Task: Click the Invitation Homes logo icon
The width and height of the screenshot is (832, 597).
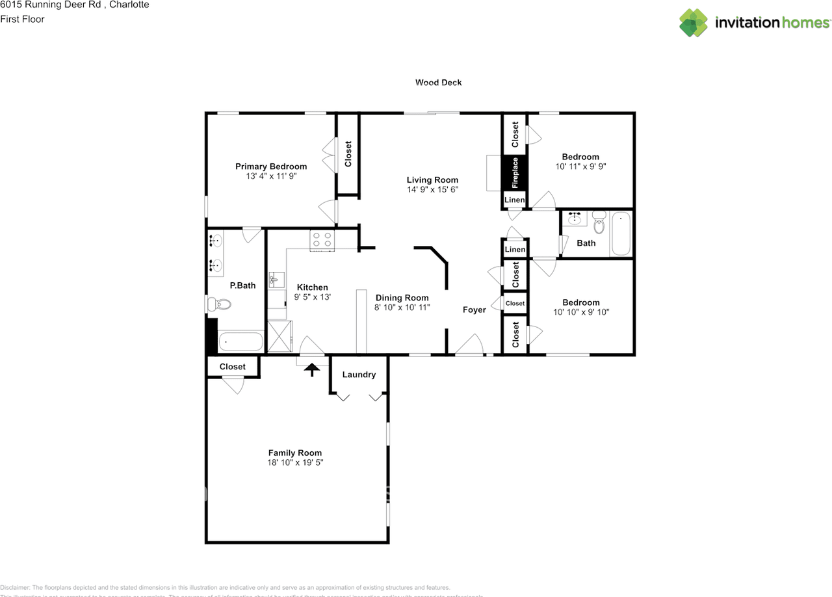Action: tap(694, 23)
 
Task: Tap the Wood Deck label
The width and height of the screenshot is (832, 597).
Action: tap(439, 83)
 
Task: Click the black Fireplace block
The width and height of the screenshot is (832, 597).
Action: tap(514, 172)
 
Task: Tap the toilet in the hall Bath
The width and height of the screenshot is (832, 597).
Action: tap(599, 223)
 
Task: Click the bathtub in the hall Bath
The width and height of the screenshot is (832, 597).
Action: tap(621, 234)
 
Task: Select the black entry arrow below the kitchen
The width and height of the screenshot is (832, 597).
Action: tap(313, 369)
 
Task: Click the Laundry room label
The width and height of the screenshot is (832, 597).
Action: tap(359, 375)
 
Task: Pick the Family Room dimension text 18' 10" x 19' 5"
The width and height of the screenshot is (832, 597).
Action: tap(295, 462)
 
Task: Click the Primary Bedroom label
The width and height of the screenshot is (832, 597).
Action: tap(270, 166)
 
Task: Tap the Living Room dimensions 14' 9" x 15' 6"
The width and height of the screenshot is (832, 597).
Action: tap(432, 189)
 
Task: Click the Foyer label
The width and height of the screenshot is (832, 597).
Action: tap(474, 310)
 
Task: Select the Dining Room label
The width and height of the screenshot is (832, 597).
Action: tap(402, 298)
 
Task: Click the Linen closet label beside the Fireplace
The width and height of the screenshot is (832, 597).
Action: tap(514, 200)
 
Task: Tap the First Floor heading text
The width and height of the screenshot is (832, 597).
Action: tap(22, 19)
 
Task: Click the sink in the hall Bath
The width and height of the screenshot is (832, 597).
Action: tap(575, 219)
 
